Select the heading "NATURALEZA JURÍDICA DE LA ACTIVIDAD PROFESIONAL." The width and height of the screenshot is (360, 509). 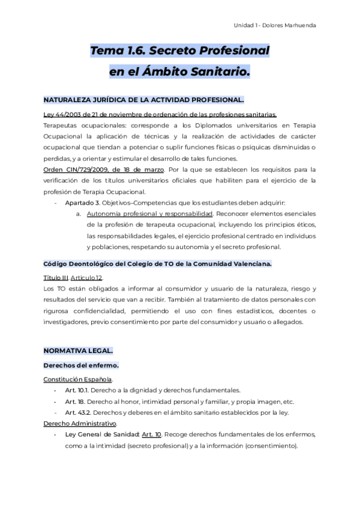(143, 100)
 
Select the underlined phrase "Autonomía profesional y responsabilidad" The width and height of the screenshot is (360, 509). (150, 213)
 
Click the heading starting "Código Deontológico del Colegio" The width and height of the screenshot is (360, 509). (157, 263)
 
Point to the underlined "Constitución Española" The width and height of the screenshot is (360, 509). (77, 379)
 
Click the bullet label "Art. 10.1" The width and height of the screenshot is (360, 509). (78, 390)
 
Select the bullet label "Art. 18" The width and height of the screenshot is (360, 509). (75, 402)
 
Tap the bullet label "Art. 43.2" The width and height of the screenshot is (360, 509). (78, 412)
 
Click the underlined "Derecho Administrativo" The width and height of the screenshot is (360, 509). (80, 423)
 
